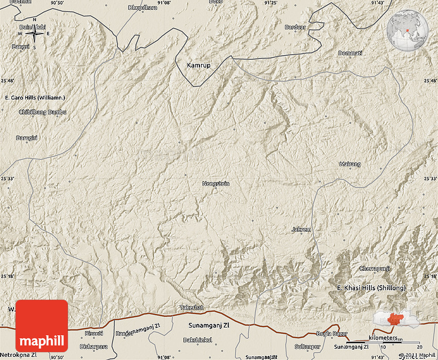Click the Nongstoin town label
(x=216, y=184)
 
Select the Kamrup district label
(x=198, y=66)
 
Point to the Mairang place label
(x=350, y=165)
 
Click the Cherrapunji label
(x=376, y=269)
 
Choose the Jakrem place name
(x=301, y=230)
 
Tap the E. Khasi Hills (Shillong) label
(x=371, y=287)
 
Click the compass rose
(x=35, y=34)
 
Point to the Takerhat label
(x=191, y=307)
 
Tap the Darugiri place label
(x=27, y=138)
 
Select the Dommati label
(x=350, y=53)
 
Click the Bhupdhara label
(x=142, y=8)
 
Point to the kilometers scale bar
(x=382, y=342)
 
